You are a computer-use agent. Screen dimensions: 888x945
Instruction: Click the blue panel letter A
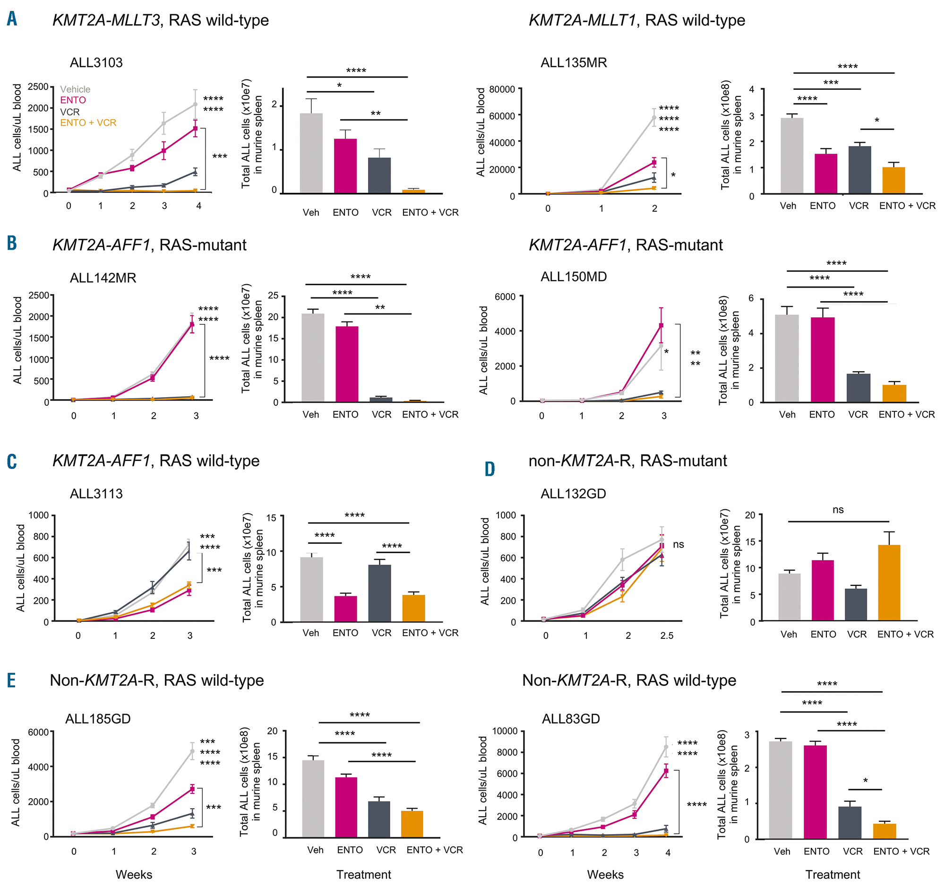(x=12, y=19)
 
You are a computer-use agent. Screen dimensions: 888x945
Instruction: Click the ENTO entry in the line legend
(x=73, y=100)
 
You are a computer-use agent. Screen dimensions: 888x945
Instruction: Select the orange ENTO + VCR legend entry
(x=88, y=123)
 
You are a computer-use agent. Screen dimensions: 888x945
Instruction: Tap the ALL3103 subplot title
(x=96, y=63)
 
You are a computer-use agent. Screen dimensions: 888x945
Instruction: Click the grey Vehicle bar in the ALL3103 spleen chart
(x=311, y=153)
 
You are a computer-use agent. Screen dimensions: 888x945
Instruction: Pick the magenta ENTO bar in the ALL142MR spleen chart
(x=347, y=364)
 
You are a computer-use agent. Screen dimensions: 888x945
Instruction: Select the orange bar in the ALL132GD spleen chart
(x=889, y=582)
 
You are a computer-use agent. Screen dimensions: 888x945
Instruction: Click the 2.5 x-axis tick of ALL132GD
(x=666, y=636)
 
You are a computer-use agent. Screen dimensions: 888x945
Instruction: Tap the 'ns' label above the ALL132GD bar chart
(x=838, y=510)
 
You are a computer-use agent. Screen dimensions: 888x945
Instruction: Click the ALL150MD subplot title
(x=573, y=277)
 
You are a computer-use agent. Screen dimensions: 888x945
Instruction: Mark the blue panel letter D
(x=490, y=469)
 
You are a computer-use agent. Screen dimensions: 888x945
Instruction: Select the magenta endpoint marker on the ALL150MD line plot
(x=661, y=326)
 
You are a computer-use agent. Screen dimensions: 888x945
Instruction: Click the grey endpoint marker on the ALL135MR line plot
(x=654, y=117)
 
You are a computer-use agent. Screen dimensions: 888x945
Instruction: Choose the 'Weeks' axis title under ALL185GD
(x=134, y=874)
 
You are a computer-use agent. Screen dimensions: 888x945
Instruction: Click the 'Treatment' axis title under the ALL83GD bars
(x=833, y=874)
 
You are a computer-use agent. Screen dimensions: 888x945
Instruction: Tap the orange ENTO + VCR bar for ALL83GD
(x=884, y=831)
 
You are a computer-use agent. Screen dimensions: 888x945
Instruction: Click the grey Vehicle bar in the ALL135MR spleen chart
(x=792, y=156)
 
